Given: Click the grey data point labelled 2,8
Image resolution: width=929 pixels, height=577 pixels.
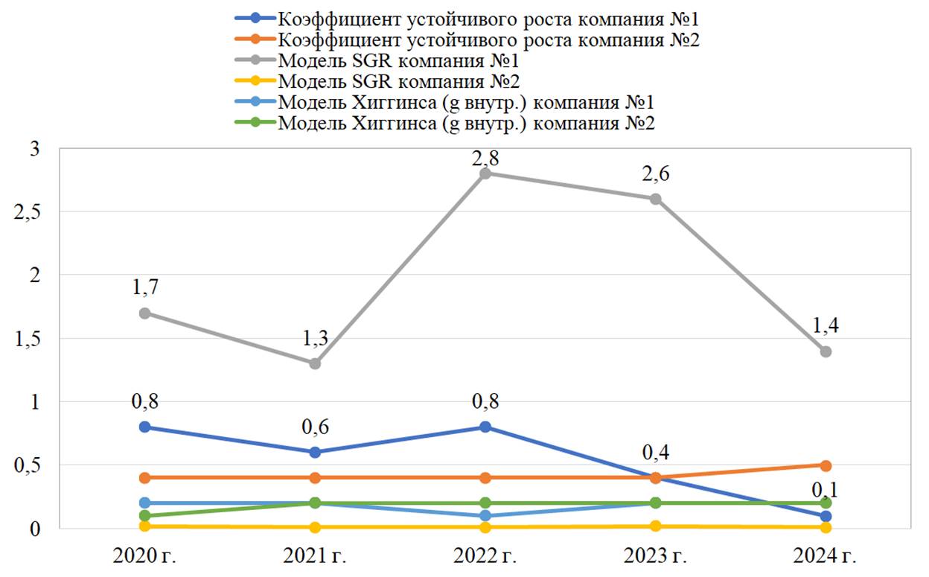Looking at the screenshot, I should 485,173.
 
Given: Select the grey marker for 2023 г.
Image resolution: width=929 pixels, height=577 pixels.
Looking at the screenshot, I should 655,199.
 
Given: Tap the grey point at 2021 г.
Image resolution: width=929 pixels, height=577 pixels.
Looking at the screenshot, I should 315,363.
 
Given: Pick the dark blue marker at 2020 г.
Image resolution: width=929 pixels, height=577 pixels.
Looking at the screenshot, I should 145,427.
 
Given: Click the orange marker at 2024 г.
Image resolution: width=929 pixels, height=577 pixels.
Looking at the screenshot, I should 825,465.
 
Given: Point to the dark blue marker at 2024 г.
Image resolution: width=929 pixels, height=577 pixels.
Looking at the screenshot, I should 825,516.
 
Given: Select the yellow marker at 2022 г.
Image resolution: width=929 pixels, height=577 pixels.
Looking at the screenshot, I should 485,527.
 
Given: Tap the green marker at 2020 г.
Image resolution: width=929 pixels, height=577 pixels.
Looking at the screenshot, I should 145,515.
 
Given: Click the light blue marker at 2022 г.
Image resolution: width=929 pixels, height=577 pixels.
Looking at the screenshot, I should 485,515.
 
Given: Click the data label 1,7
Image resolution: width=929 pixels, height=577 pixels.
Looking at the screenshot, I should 145,287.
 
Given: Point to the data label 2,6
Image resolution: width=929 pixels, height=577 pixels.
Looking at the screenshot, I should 655,173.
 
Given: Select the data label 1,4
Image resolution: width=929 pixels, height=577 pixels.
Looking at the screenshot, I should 825,325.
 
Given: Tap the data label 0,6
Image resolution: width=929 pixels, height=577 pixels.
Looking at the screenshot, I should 315,427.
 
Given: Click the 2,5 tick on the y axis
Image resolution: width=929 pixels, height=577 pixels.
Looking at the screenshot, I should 29,212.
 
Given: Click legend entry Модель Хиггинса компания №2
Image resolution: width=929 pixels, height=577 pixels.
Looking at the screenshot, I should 466,122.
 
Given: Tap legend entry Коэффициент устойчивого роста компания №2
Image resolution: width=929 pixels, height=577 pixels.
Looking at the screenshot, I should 488,39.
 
